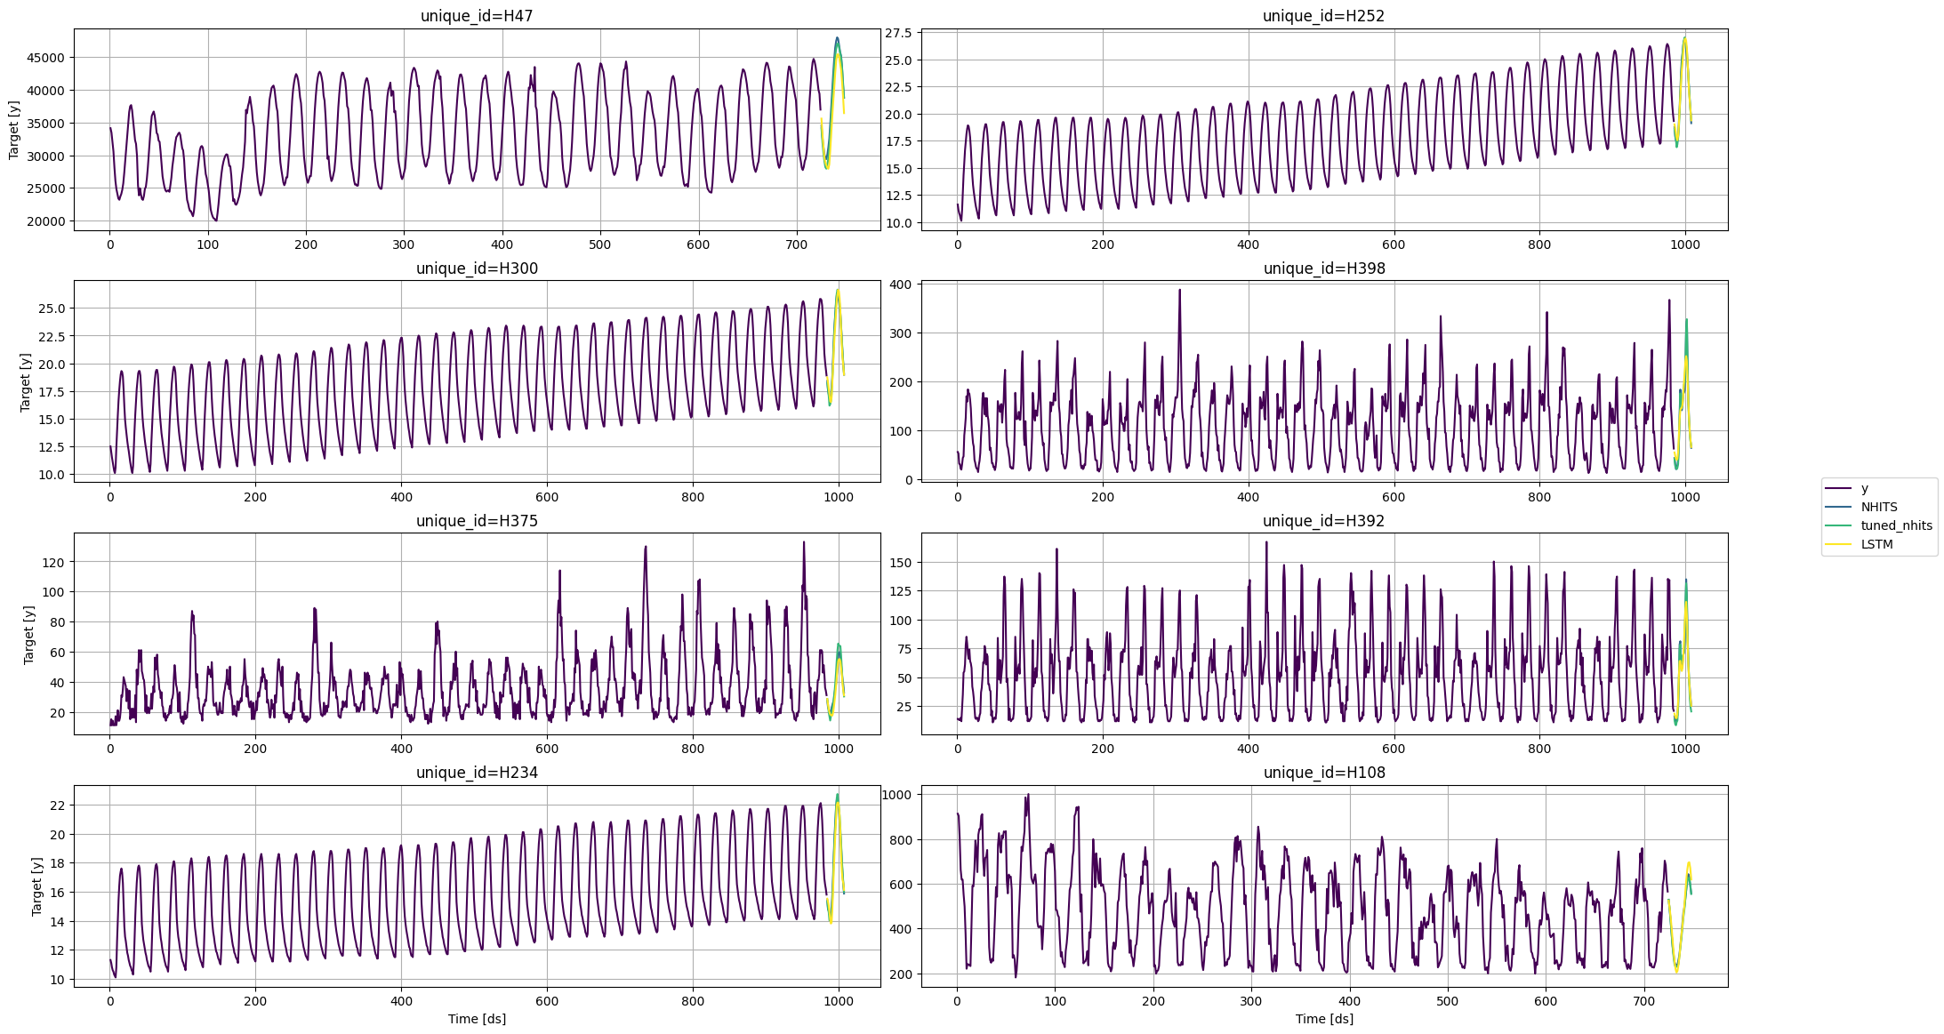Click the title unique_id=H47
477,16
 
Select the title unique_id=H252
1323,16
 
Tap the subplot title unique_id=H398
1323,269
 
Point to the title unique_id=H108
1323,773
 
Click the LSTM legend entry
1876,544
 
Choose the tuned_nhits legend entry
1896,525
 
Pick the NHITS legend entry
1878,507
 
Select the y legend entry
1865,488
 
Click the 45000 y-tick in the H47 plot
46,58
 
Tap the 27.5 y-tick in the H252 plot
898,33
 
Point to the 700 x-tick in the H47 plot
796,244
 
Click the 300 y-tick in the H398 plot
902,333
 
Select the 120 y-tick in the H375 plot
53,562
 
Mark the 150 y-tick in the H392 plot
902,563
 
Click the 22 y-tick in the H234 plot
57,806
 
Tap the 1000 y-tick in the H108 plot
897,795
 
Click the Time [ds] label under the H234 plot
477,1019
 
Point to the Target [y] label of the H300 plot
26,382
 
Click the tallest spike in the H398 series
1180,290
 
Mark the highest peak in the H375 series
804,542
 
